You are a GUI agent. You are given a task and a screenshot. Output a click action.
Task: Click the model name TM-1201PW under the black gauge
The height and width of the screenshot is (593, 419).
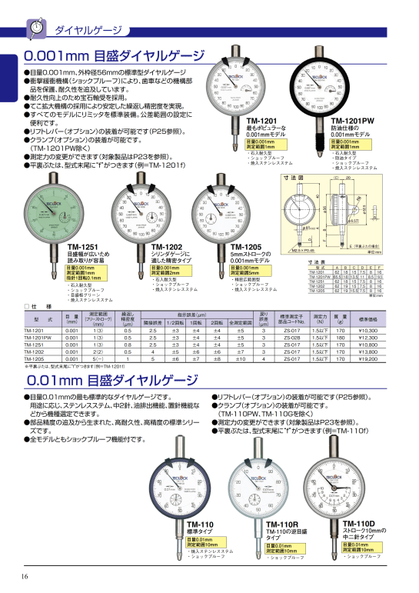coord(351,121)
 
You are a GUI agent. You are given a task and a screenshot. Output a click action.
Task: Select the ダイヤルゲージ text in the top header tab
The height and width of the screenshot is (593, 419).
coord(88,30)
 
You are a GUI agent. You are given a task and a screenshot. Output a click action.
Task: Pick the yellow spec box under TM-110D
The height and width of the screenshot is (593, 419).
coord(361,548)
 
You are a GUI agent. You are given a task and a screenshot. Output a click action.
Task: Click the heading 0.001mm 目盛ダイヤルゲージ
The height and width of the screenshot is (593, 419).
coord(114,56)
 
